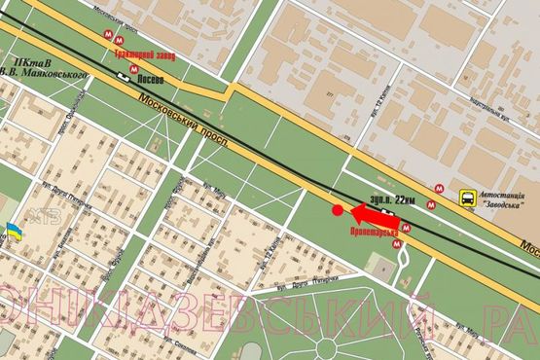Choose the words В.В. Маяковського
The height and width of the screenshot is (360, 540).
tap(45, 74)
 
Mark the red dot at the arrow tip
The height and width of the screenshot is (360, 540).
tap(338, 209)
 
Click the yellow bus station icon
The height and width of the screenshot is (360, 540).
tap(468, 198)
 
